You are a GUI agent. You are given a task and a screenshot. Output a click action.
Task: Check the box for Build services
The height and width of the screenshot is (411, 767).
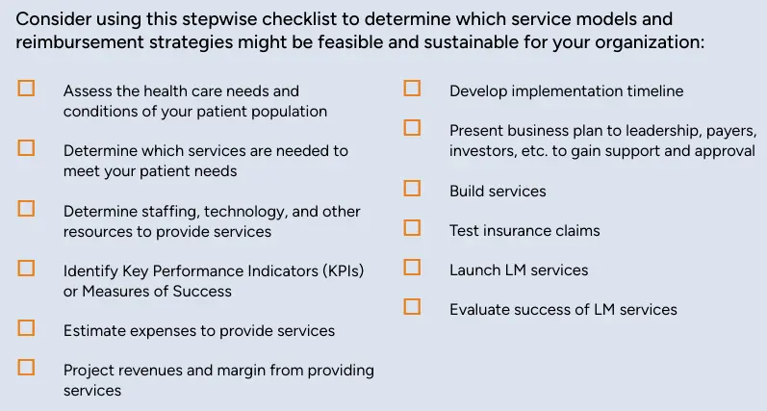click(x=412, y=188)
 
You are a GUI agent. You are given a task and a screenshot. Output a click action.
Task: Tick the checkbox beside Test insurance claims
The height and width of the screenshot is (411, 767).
click(x=412, y=227)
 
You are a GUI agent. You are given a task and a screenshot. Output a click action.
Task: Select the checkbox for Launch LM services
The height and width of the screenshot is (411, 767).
click(x=412, y=267)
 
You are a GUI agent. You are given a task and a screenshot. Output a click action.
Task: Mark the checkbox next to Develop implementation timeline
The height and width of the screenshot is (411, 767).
click(x=412, y=88)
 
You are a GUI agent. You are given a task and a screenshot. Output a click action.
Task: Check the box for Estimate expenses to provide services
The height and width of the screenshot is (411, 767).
click(x=26, y=327)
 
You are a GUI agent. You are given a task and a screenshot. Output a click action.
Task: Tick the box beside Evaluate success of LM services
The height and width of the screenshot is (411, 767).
click(x=412, y=306)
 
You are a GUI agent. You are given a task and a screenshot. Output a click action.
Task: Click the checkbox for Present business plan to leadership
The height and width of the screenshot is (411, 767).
click(x=412, y=127)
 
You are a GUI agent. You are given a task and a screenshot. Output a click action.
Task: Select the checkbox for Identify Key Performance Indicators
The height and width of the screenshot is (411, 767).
click(x=26, y=268)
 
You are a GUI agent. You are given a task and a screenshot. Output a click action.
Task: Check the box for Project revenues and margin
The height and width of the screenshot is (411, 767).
click(x=26, y=367)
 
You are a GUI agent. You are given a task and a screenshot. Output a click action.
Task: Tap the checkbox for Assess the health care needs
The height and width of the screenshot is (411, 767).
click(x=26, y=88)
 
